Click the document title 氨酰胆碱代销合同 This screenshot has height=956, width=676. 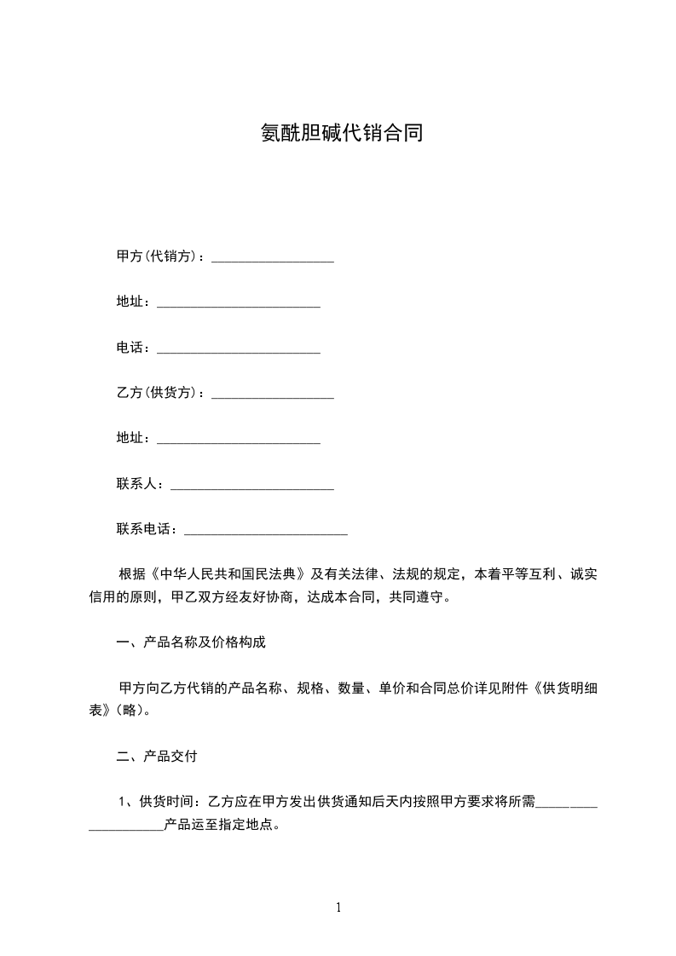point(341,134)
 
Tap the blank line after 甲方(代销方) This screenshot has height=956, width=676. point(272,259)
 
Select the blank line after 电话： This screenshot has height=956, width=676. point(239,350)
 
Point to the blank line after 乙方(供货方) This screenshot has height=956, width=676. point(272,395)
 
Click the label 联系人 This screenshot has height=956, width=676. point(136,484)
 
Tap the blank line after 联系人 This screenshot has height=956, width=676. point(252,487)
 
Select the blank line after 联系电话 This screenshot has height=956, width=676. point(266,532)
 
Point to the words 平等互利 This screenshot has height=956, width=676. point(527,573)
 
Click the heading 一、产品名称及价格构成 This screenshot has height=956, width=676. point(191,642)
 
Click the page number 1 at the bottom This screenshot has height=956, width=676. point(338,907)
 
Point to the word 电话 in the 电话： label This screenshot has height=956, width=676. point(130,348)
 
